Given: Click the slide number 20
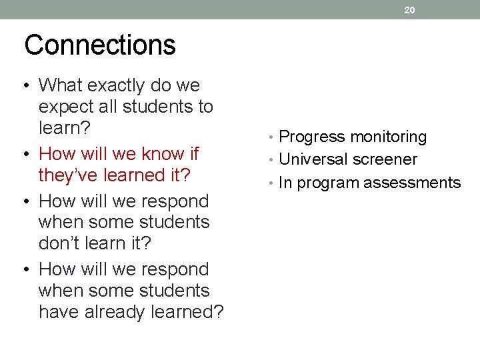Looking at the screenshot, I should click(410, 10).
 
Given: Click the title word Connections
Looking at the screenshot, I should click(100, 45).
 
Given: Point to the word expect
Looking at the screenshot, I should click(67, 107).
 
